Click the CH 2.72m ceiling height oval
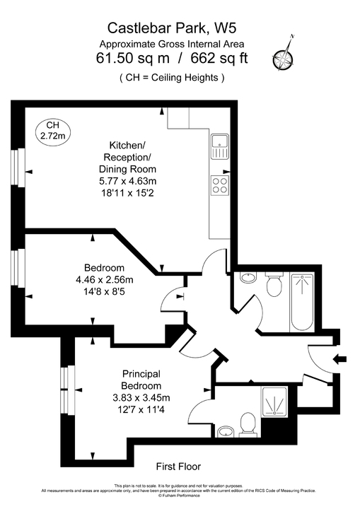pyautogui.click(x=52, y=130)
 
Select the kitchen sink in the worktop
pyautogui.click(x=219, y=146)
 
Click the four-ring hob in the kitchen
pyautogui.click(x=219, y=185)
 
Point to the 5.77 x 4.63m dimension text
pyautogui.click(x=127, y=181)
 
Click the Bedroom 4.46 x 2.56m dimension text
pyautogui.click(x=105, y=280)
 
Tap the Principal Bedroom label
pyautogui.click(x=141, y=380)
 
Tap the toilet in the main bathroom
pyautogui.click(x=274, y=286)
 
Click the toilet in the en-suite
pyautogui.click(x=248, y=424)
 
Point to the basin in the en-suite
pyautogui.click(x=224, y=431)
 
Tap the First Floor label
pyautogui.click(x=178, y=467)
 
